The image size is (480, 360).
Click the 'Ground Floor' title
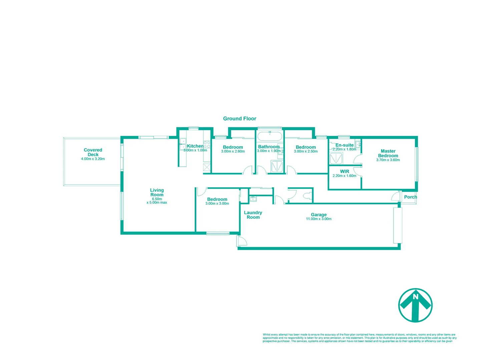pyautogui.click(x=239, y=119)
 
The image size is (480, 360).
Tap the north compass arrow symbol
pyautogui.click(x=415, y=305)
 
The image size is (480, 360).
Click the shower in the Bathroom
pyautogui.click(x=277, y=166)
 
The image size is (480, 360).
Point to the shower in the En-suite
pyautogui.click(x=336, y=158)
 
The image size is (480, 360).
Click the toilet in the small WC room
pyautogui.click(x=307, y=196)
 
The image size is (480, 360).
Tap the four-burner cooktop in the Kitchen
pyautogui.click(x=207, y=145)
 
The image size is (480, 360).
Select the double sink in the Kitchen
pyautogui.click(x=183, y=144)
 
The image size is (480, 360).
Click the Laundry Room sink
pyautogui.click(x=253, y=199)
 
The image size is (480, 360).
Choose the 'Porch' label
pyautogui.click(x=410, y=197)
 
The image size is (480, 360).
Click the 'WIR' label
pyautogui.click(x=345, y=171)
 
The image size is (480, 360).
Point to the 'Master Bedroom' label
pyautogui.click(x=388, y=153)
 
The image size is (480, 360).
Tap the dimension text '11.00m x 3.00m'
pyautogui.click(x=319, y=219)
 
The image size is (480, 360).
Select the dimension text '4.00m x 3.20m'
pyautogui.click(x=93, y=159)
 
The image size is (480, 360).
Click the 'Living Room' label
pyautogui.click(x=157, y=192)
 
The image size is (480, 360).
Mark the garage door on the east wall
pyautogui.click(x=398, y=225)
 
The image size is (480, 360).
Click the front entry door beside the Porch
pyautogui.click(x=396, y=196)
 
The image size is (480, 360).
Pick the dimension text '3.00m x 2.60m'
pyautogui.click(x=233, y=151)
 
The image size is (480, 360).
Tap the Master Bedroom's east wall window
pyautogui.click(x=416, y=164)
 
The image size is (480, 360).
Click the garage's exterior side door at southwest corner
pyautogui.click(x=242, y=241)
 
